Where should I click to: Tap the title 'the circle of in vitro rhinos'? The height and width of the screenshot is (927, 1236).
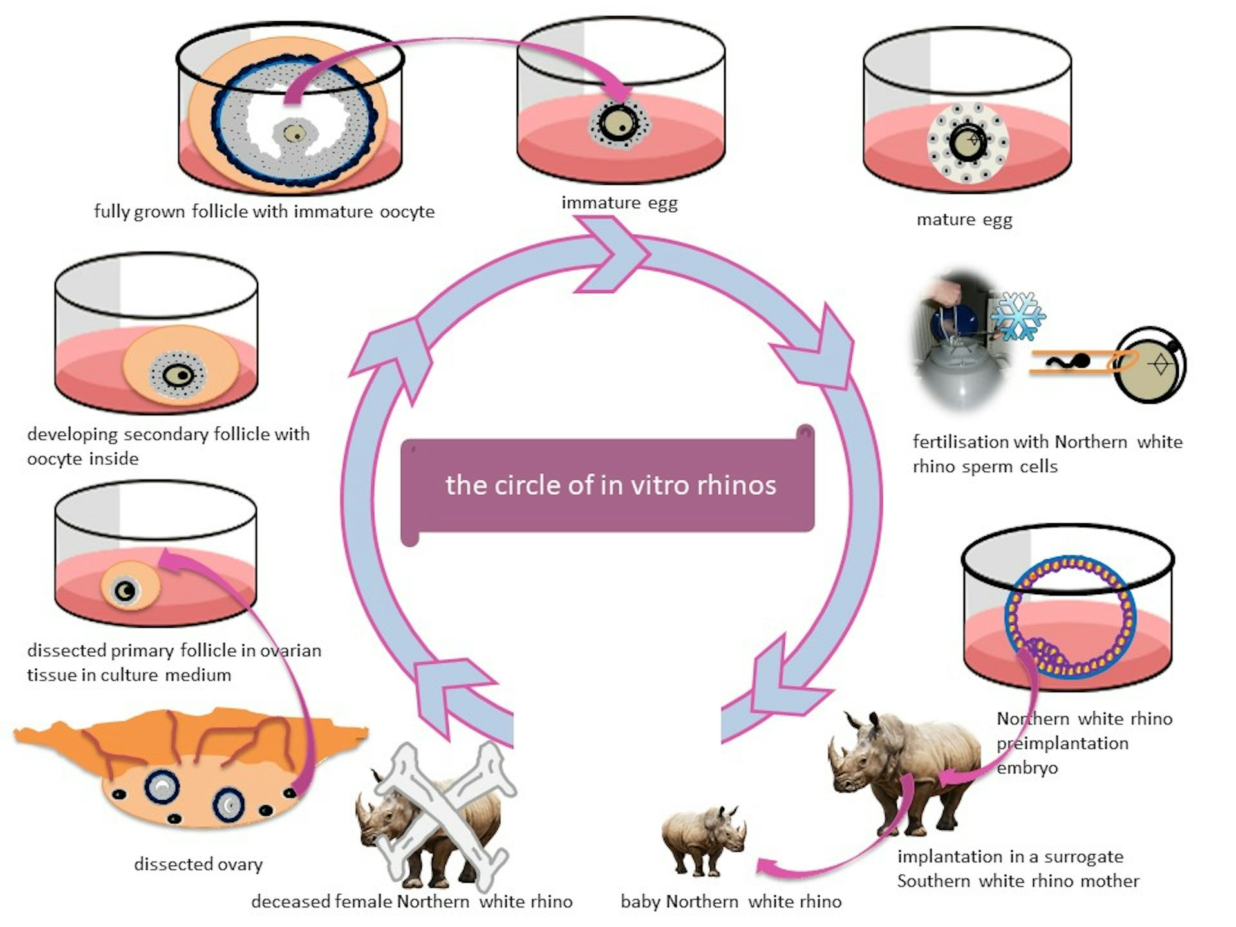(x=610, y=485)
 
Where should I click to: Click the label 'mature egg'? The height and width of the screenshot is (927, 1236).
(x=964, y=220)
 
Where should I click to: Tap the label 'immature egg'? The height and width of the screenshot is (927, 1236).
(x=619, y=203)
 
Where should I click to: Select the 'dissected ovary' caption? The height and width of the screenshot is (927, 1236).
(x=198, y=864)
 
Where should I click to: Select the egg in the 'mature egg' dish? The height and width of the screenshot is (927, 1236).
(x=968, y=142)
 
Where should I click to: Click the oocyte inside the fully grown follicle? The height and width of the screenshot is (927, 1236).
(x=295, y=133)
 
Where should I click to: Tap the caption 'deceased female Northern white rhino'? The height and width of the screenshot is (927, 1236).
(x=411, y=901)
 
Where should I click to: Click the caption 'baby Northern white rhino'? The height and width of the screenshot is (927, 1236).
(x=731, y=901)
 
